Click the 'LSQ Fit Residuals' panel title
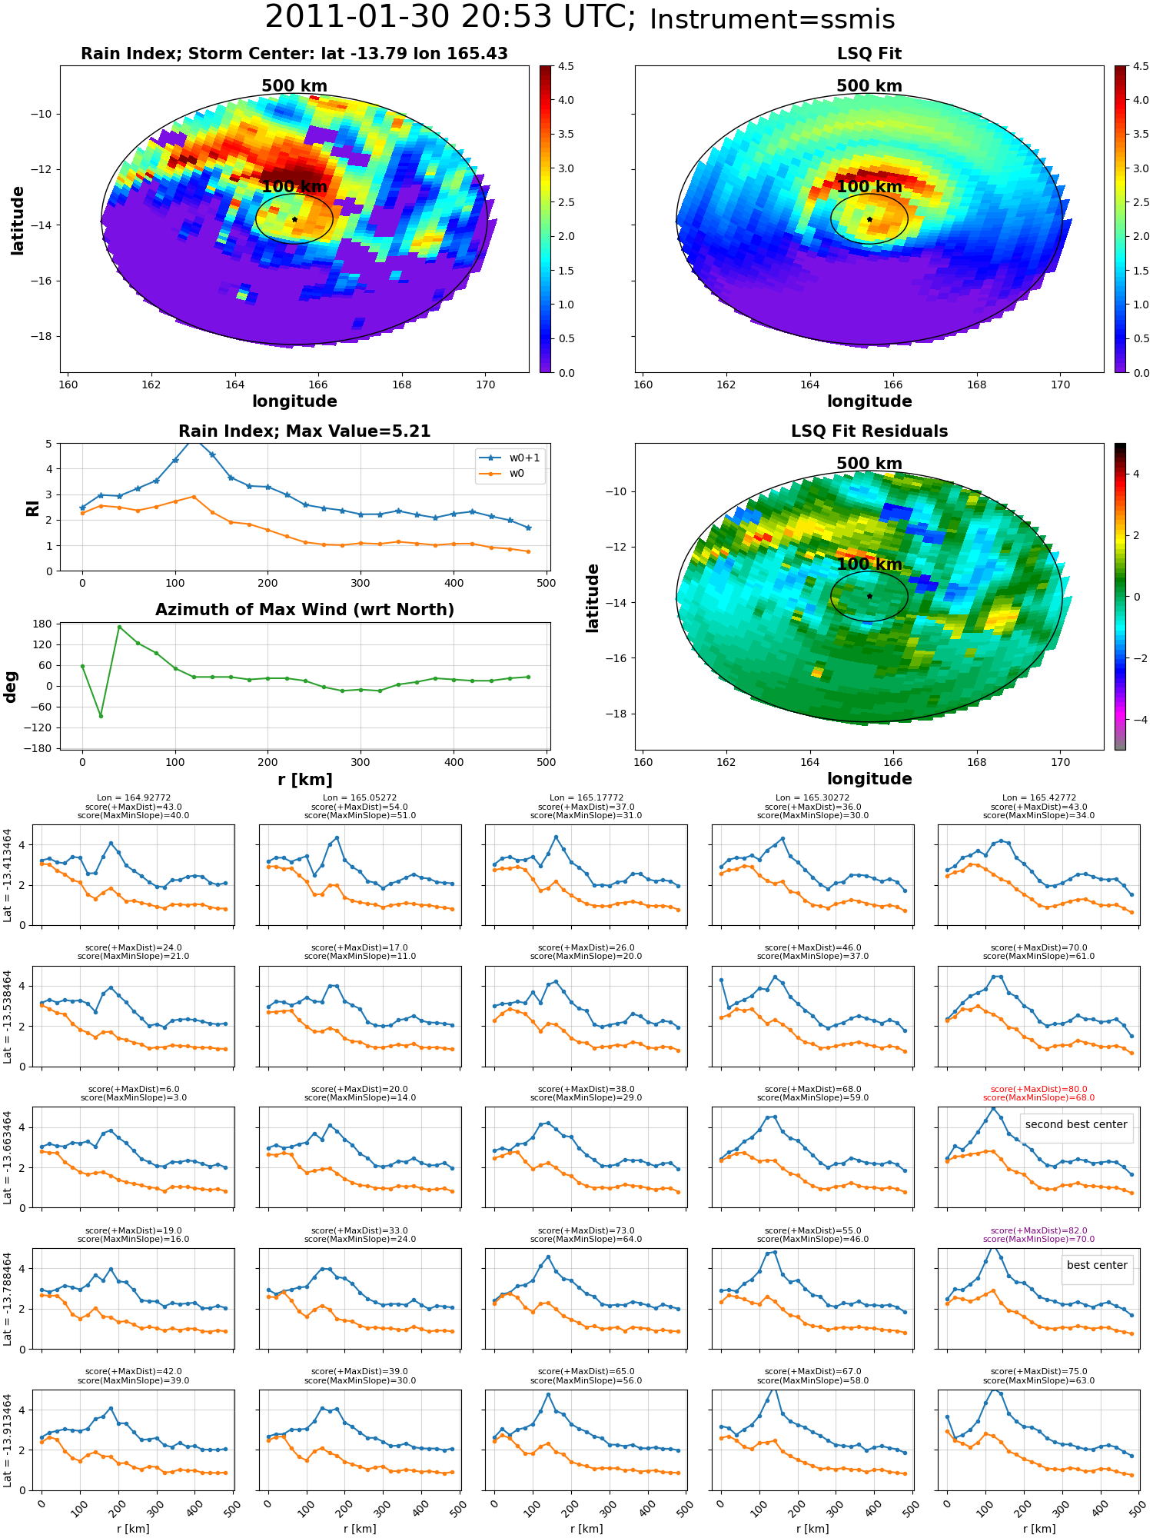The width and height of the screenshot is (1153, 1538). [x=869, y=431]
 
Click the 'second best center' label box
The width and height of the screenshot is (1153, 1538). [x=1076, y=1124]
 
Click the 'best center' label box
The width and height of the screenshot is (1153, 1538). [x=1097, y=1265]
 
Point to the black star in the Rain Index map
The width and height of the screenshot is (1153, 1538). [x=294, y=219]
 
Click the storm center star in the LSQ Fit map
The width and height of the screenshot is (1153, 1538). [x=869, y=219]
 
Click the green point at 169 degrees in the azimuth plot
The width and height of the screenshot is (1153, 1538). [x=119, y=628]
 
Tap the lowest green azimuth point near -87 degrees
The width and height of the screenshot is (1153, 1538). [x=101, y=716]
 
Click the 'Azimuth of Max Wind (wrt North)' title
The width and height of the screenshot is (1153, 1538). [x=305, y=610]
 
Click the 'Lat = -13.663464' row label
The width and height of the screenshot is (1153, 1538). [x=8, y=1157]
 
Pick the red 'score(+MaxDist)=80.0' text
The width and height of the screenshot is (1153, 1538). [x=1038, y=1089]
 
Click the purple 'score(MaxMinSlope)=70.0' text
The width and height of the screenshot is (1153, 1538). [x=1038, y=1239]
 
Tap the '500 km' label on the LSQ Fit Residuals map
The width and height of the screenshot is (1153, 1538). [x=869, y=464]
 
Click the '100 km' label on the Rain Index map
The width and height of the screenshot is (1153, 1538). [x=294, y=187]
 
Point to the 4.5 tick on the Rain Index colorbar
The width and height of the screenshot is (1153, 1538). [x=566, y=67]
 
